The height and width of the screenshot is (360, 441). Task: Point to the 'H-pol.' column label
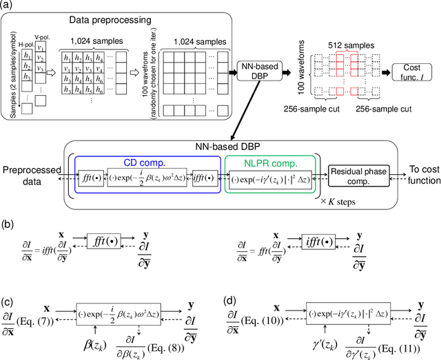click(x=25, y=43)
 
